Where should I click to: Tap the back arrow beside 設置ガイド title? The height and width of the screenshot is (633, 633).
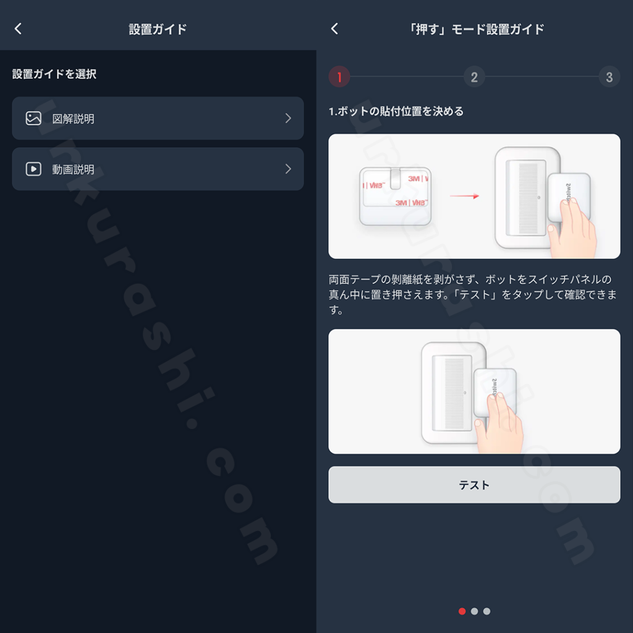click(x=18, y=28)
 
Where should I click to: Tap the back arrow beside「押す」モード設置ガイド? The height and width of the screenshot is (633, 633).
click(x=334, y=28)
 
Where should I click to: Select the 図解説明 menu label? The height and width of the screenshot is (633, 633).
click(x=73, y=119)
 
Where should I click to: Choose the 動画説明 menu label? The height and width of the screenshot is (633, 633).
click(x=73, y=169)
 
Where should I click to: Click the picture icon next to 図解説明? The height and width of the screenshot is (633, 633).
click(x=33, y=118)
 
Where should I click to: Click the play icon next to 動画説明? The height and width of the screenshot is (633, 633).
click(x=33, y=169)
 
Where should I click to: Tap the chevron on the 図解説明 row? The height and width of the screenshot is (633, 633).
click(x=288, y=118)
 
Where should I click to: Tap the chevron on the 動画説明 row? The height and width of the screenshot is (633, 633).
click(x=288, y=169)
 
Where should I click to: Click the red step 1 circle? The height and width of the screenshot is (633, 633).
click(x=339, y=77)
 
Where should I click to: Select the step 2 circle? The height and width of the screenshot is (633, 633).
click(x=474, y=77)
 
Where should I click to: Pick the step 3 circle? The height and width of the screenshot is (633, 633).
click(x=609, y=77)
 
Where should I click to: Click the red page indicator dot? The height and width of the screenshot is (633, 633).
click(x=462, y=611)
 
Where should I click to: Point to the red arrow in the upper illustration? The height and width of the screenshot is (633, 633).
click(x=464, y=196)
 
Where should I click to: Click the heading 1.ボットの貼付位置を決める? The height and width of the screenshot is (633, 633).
click(x=396, y=111)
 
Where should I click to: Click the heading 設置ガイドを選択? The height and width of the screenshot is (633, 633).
click(x=54, y=74)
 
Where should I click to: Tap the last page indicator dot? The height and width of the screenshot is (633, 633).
click(x=487, y=611)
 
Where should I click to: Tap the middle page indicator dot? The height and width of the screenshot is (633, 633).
click(x=474, y=611)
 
